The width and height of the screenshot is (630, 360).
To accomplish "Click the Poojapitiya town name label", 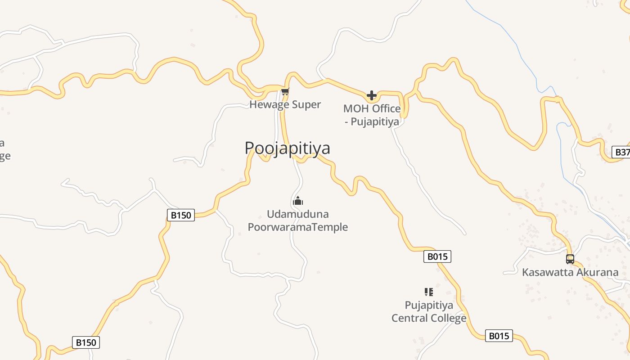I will (287, 148).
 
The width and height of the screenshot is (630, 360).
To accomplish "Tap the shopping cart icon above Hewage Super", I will (285, 92).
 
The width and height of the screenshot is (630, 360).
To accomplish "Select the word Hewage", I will (269, 105).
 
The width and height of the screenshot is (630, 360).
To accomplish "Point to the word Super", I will (306, 105).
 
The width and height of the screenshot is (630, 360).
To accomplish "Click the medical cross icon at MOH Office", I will (372, 95).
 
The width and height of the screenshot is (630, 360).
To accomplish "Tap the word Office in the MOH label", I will (386, 109).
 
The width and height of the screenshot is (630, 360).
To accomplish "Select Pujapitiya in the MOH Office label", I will (375, 121).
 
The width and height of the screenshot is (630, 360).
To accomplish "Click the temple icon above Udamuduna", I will (298, 201).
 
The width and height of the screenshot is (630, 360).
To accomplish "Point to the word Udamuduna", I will (298, 214).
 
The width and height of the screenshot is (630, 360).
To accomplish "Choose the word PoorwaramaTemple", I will (298, 227).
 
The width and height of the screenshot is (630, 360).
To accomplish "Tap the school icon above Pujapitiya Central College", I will (429, 292).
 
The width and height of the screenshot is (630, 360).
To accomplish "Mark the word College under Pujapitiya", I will (447, 318).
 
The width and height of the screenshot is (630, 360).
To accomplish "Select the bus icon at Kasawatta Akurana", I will (570, 259).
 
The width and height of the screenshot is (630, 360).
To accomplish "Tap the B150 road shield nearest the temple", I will (181, 215).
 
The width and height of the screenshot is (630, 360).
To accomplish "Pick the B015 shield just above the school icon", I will (437, 256).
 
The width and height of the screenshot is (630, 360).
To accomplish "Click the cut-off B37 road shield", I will (622, 152).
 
